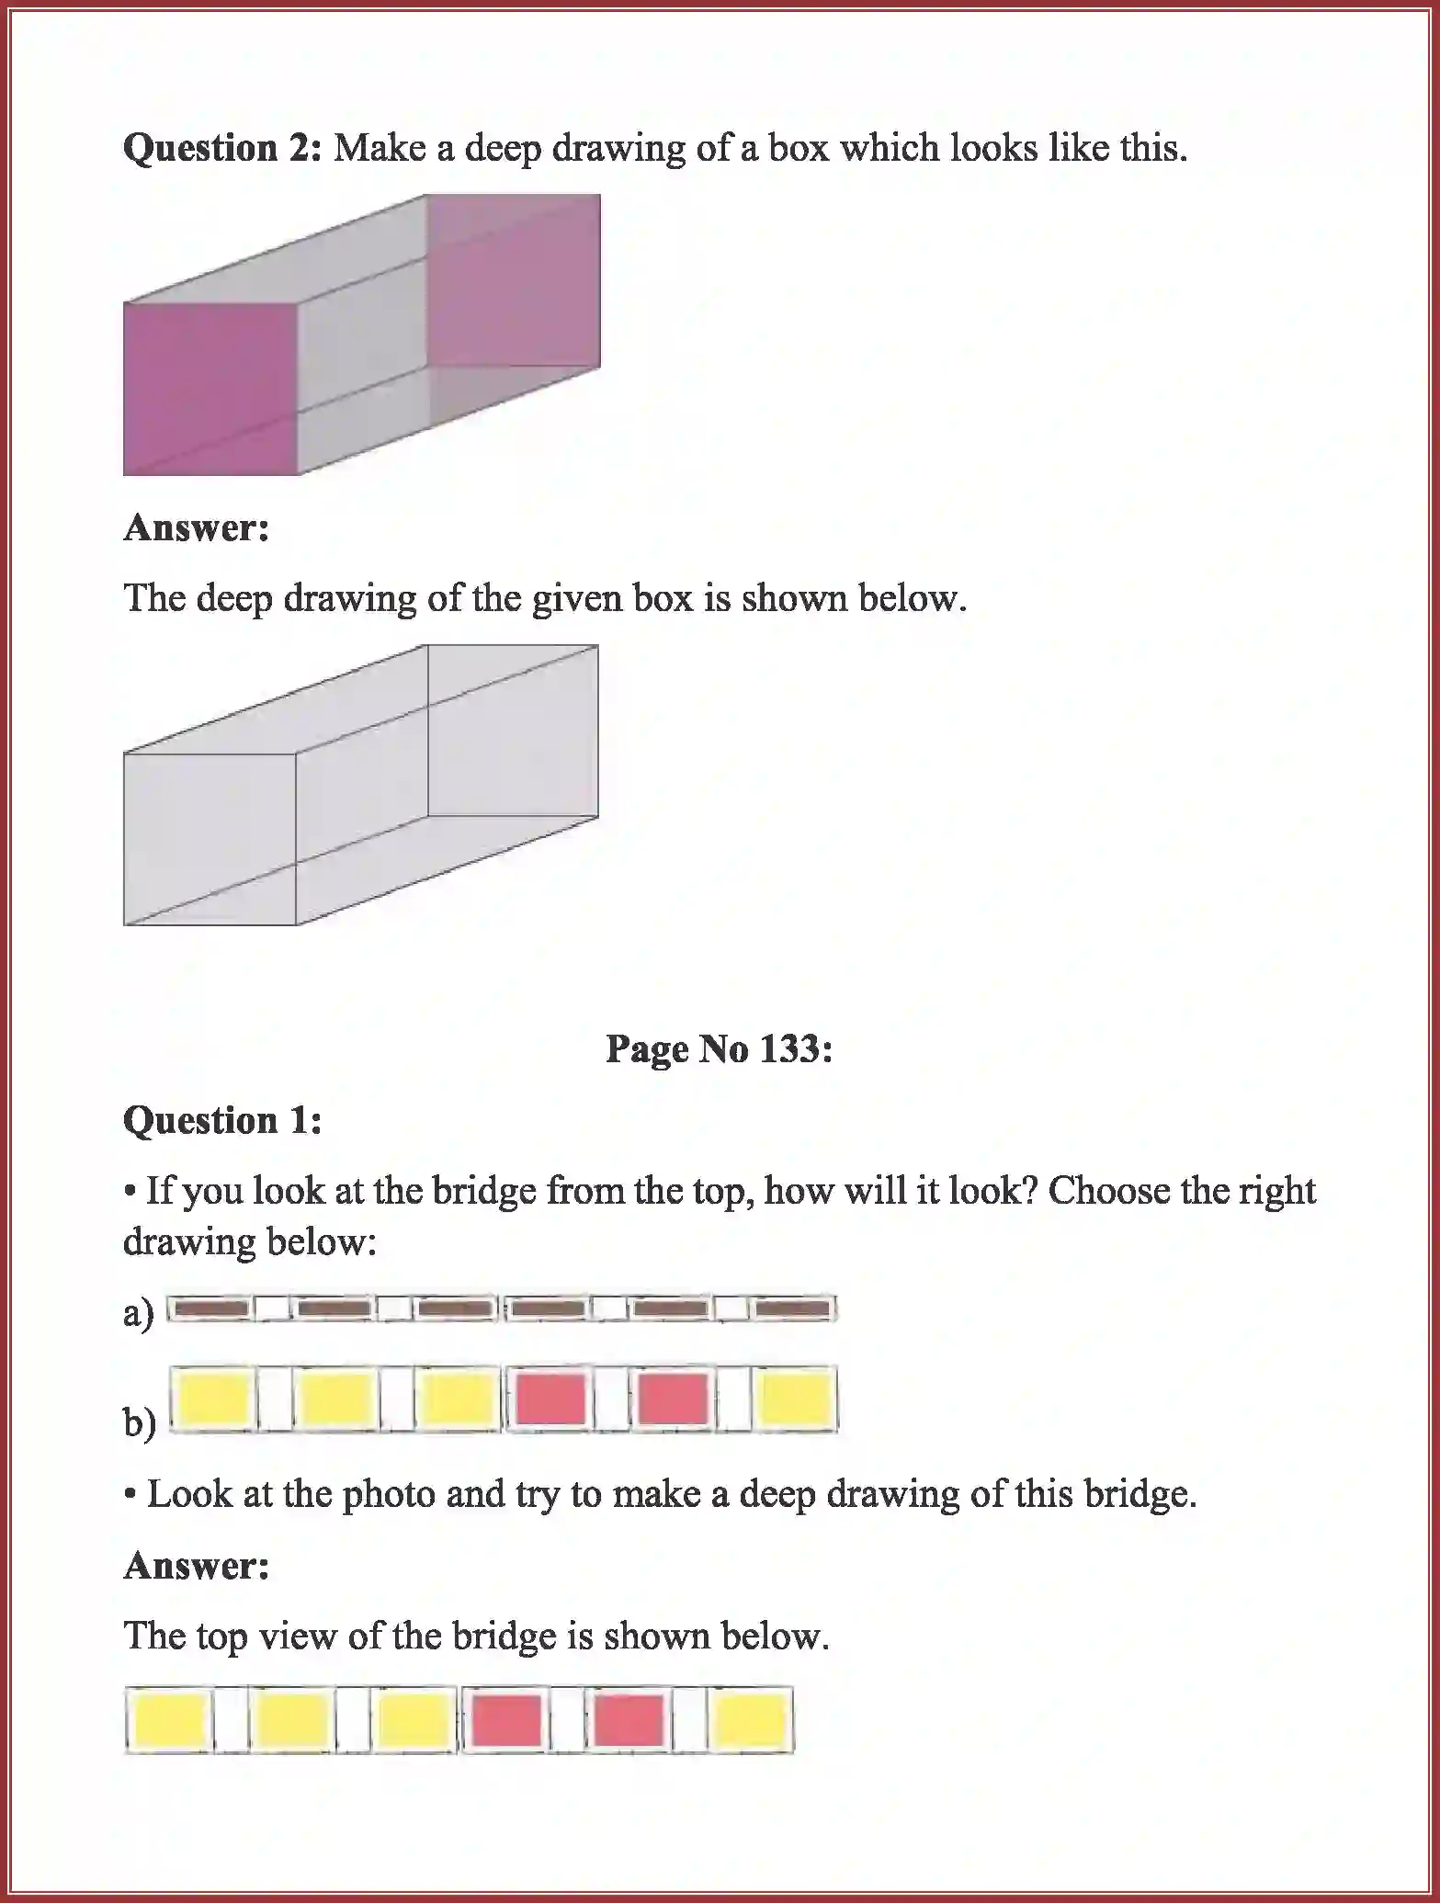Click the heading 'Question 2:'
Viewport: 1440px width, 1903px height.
(x=221, y=148)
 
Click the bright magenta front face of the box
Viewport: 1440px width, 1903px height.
(x=210, y=388)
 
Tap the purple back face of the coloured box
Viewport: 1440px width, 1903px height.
(x=514, y=280)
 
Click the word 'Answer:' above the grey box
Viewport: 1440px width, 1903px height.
(x=196, y=528)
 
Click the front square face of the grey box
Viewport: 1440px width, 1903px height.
(x=210, y=838)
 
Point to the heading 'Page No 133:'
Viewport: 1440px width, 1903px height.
(x=719, y=1048)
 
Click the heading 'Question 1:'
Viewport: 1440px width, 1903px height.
(x=222, y=1120)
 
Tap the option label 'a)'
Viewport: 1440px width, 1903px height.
(x=139, y=1313)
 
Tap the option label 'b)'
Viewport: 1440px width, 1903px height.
(x=139, y=1423)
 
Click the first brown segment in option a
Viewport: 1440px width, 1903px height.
(x=210, y=1308)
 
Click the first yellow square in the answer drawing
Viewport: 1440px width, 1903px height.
(x=169, y=1720)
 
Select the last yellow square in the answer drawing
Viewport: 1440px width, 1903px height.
(x=751, y=1720)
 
